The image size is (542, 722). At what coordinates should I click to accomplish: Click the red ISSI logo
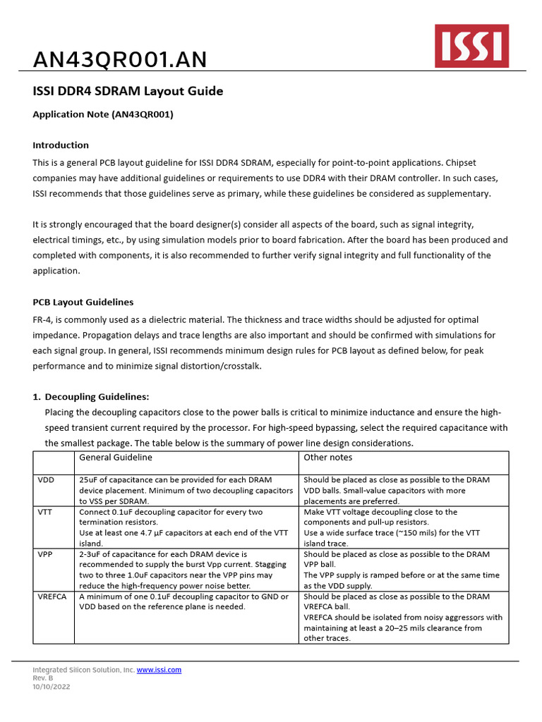pyautogui.click(x=471, y=46)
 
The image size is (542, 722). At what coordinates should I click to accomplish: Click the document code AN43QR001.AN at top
pyautogui.click(x=120, y=61)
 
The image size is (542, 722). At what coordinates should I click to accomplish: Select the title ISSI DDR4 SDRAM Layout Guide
pyautogui.click(x=128, y=91)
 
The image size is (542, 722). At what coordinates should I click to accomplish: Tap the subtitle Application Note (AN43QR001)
pyautogui.click(x=103, y=114)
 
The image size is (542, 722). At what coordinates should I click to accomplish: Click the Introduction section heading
pyautogui.click(x=61, y=145)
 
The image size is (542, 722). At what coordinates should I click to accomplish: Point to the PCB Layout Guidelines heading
pyautogui.click(x=83, y=302)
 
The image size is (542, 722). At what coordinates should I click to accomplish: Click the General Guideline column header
pyautogui.click(x=116, y=457)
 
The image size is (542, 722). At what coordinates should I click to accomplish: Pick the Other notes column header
pyautogui.click(x=327, y=457)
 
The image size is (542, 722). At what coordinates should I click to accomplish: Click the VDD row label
pyautogui.click(x=46, y=479)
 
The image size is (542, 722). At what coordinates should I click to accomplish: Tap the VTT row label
pyautogui.click(x=45, y=512)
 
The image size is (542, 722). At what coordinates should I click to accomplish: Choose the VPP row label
pyautogui.click(x=45, y=554)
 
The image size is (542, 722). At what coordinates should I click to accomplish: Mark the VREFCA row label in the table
pyautogui.click(x=52, y=596)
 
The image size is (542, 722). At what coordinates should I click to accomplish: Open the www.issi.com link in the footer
pyautogui.click(x=159, y=670)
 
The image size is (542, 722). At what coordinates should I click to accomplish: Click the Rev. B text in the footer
pyautogui.click(x=43, y=678)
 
